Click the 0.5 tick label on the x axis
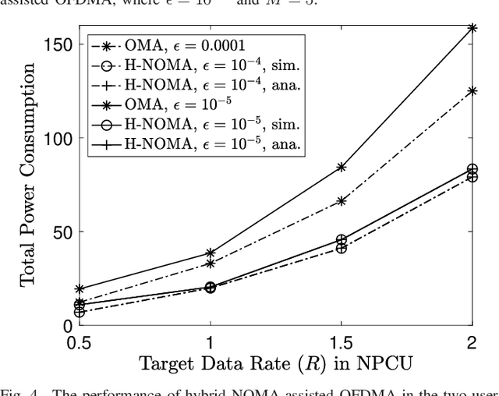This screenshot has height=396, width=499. (x=79, y=342)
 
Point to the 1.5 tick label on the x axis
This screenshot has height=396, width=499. (x=341, y=342)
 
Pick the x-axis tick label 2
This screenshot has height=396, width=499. (x=472, y=342)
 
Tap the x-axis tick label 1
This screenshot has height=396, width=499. (x=210, y=342)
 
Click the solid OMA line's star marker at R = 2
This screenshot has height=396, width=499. (x=472, y=28)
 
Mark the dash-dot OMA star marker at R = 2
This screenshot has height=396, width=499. (x=472, y=91)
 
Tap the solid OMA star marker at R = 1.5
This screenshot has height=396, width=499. (x=341, y=167)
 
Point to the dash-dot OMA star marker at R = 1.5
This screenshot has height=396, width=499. (x=341, y=201)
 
